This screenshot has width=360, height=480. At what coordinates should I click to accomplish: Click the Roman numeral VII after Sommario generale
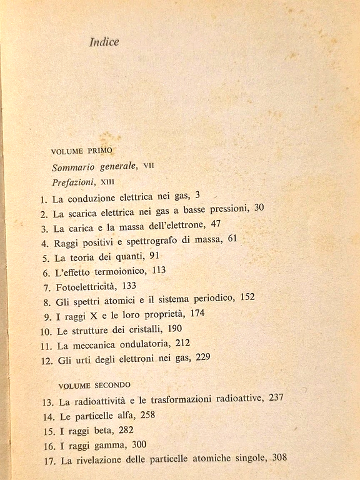click(149, 166)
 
